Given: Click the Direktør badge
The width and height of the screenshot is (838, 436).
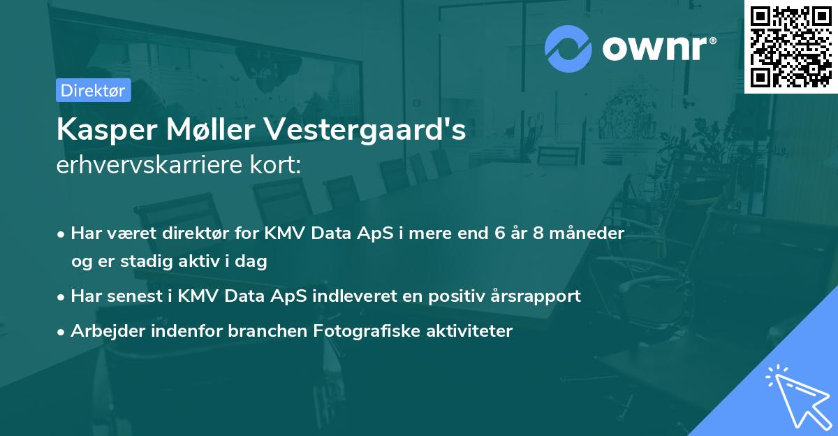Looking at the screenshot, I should coord(93,90).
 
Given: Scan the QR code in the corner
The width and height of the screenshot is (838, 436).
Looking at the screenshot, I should coord(791,46).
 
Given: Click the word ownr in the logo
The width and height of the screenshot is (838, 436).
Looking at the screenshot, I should coord(658,49).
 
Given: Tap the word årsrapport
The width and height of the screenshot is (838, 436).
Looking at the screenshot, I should coord(536,296).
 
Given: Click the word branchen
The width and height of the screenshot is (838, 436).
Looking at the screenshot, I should coord(258,330).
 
